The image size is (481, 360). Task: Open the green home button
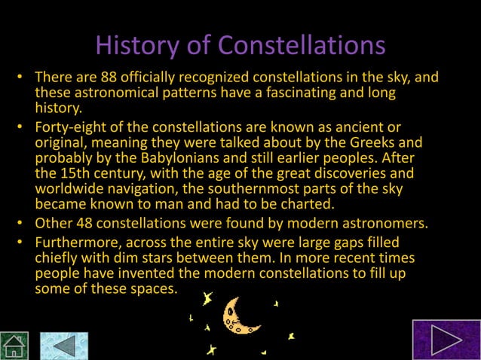pyautogui.click(x=15, y=345)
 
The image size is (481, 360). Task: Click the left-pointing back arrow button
pyautogui.click(x=63, y=345)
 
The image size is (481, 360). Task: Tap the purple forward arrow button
pyautogui.click(x=446, y=339)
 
